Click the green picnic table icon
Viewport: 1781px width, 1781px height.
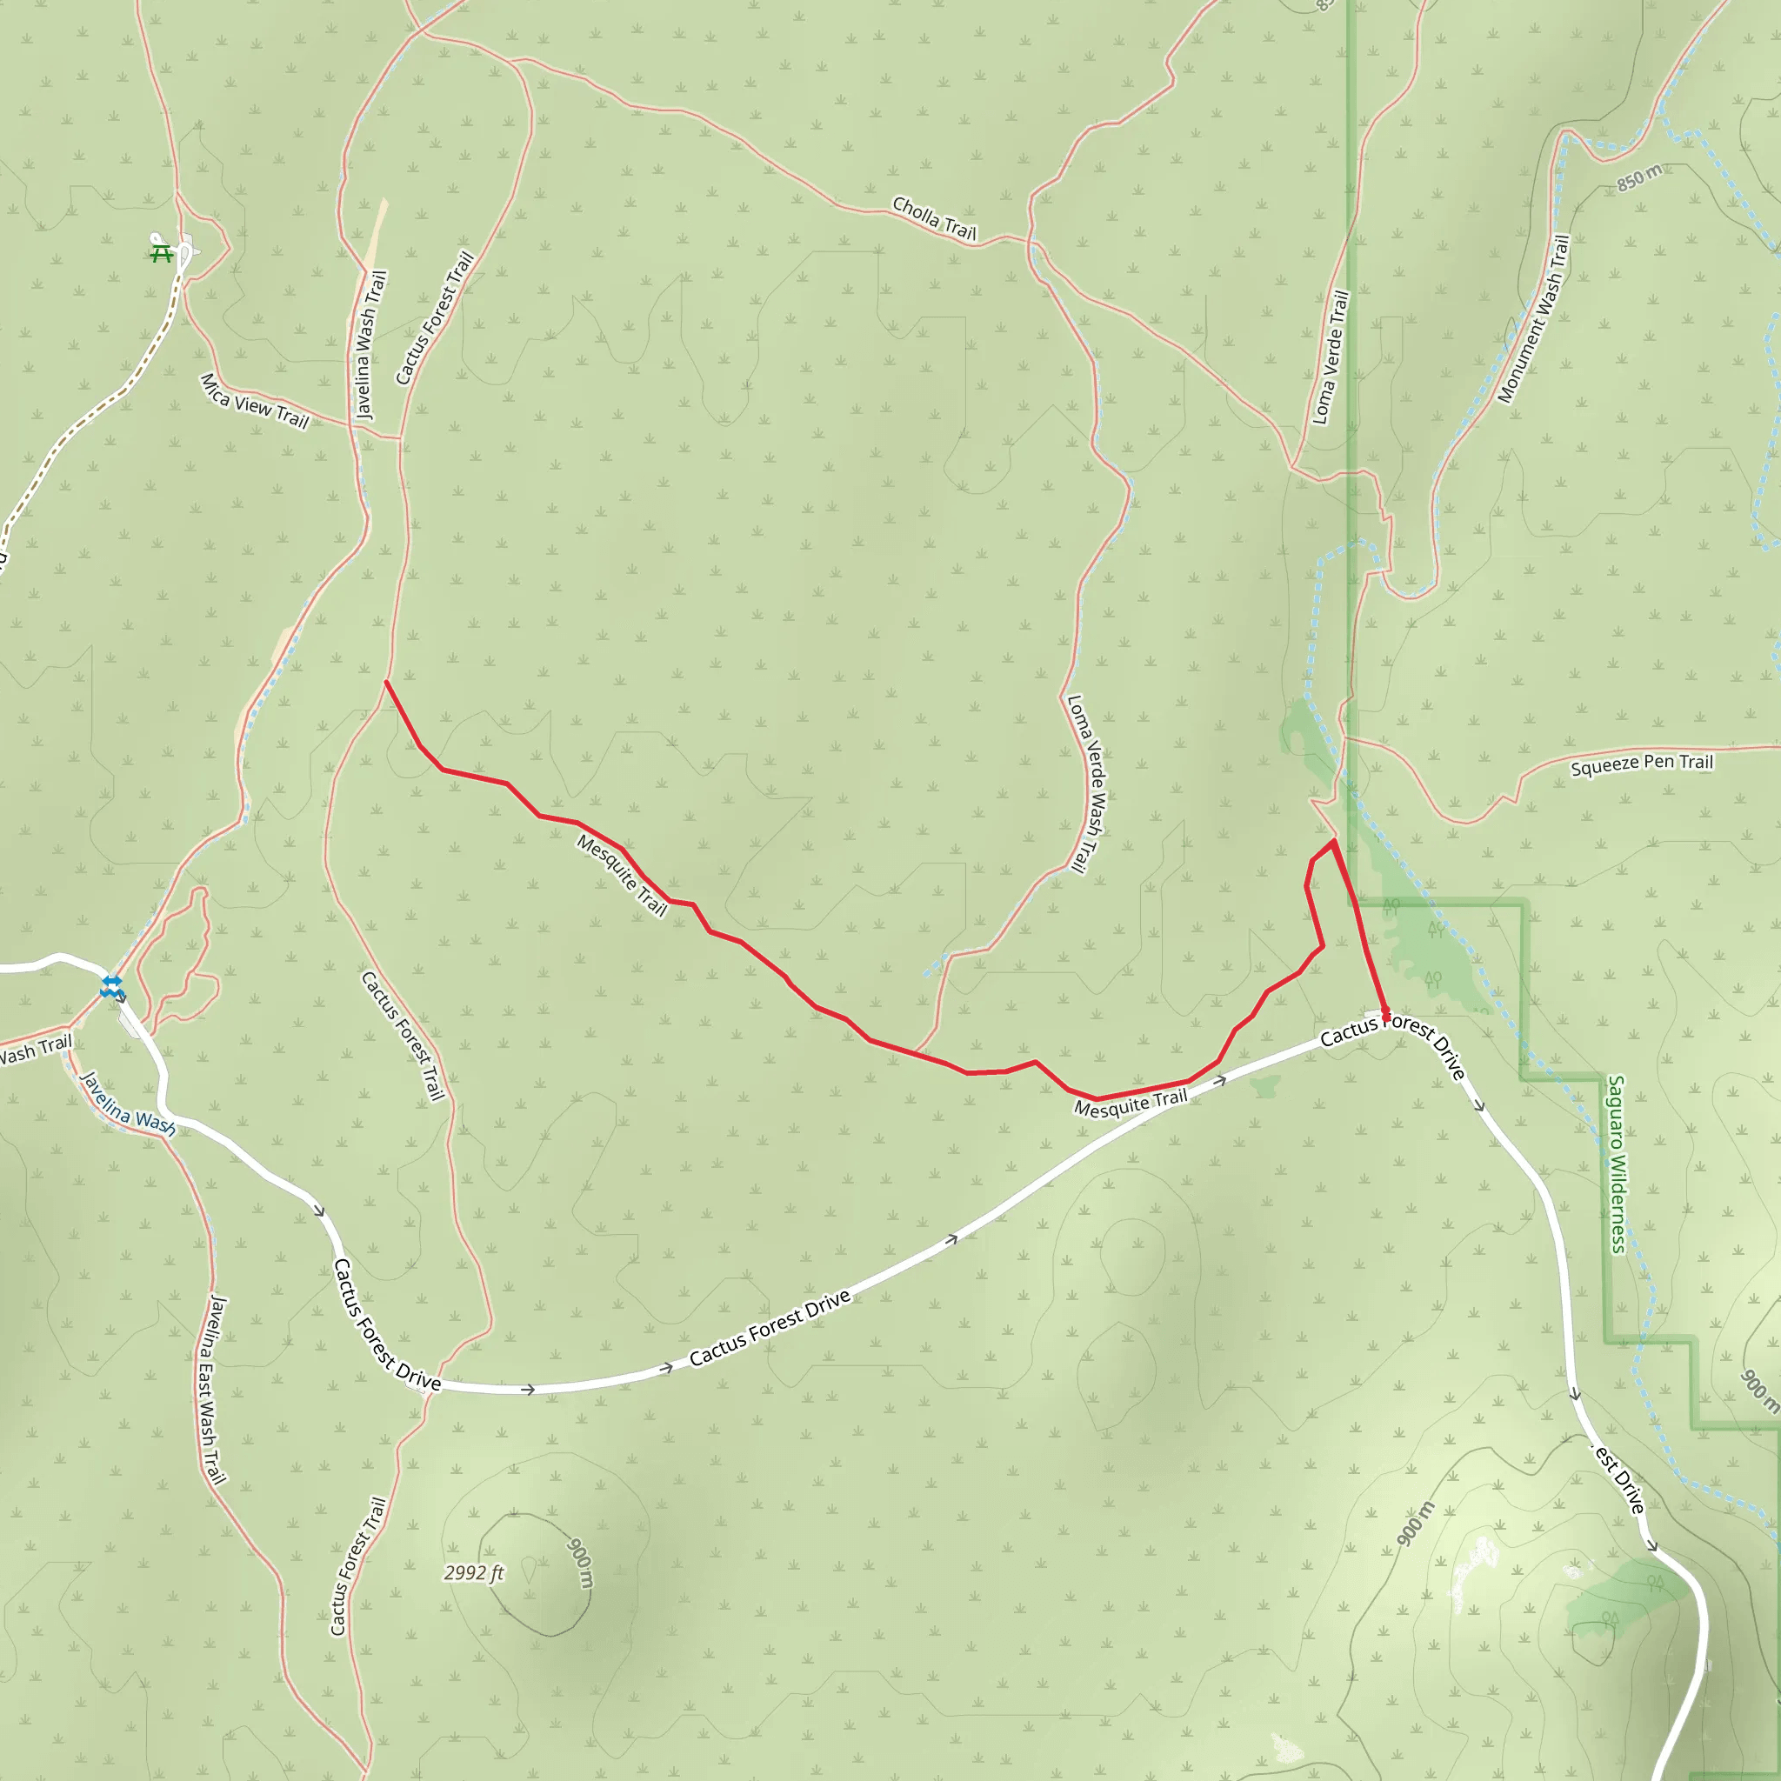pyautogui.click(x=163, y=251)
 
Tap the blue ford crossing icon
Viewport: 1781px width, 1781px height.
pyautogui.click(x=111, y=986)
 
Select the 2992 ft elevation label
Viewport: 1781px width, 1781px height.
pyautogui.click(x=474, y=1572)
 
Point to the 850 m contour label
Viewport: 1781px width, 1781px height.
pyautogui.click(x=1640, y=177)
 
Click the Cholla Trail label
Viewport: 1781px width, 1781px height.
pyautogui.click(x=934, y=218)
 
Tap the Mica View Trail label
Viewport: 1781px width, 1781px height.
pyautogui.click(x=255, y=401)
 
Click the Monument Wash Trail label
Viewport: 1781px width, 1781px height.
pyautogui.click(x=1533, y=319)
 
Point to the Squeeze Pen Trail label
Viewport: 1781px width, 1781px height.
pyautogui.click(x=1642, y=764)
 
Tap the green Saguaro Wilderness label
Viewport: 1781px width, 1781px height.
pyautogui.click(x=1617, y=1164)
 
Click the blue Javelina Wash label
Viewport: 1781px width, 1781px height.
pyautogui.click(x=127, y=1104)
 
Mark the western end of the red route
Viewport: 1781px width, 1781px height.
pyautogui.click(x=385, y=682)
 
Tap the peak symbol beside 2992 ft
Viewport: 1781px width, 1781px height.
pyautogui.click(x=528, y=1568)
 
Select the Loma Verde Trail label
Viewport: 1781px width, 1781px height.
pyautogui.click(x=1331, y=357)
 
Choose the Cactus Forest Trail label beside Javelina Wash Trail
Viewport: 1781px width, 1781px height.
pyautogui.click(x=434, y=318)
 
